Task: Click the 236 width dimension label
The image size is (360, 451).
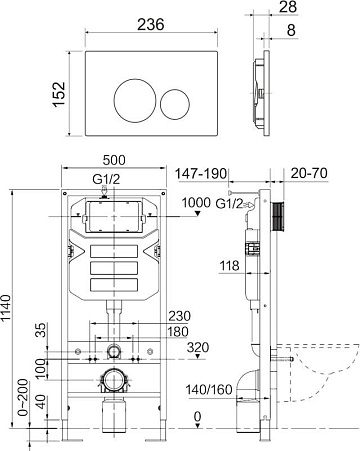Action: pyautogui.click(x=151, y=24)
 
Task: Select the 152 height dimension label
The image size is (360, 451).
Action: pyautogui.click(x=59, y=94)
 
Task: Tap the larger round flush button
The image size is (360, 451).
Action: pyautogui.click(x=135, y=101)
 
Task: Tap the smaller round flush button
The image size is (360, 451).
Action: pyautogui.click(x=175, y=104)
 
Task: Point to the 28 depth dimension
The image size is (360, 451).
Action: pyautogui.click(x=288, y=7)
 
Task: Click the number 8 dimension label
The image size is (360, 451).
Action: pyautogui.click(x=291, y=30)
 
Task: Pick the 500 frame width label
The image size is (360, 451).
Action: pyautogui.click(x=114, y=160)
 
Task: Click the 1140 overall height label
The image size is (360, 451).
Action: pyautogui.click(x=7, y=308)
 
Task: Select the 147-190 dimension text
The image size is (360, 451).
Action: pyautogui.click(x=201, y=174)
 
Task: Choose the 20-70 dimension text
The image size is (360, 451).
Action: pyautogui.click(x=309, y=173)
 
